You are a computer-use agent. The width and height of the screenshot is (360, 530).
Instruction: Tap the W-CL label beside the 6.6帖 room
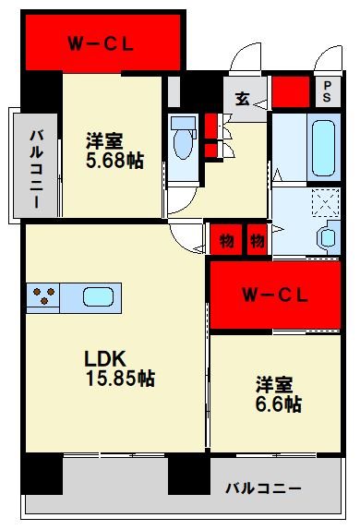[x=274, y=295]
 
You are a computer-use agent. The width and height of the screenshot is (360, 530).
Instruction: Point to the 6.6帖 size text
[x=279, y=404]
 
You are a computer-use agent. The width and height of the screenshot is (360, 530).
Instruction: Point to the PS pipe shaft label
[x=326, y=90]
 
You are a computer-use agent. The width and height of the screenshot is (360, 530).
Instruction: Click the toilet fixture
[x=182, y=141]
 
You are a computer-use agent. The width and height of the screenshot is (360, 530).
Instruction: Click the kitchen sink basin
[x=98, y=297]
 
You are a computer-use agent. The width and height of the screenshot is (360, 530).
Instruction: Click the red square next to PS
[x=290, y=91]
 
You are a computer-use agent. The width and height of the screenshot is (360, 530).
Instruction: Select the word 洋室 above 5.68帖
[x=104, y=141]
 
